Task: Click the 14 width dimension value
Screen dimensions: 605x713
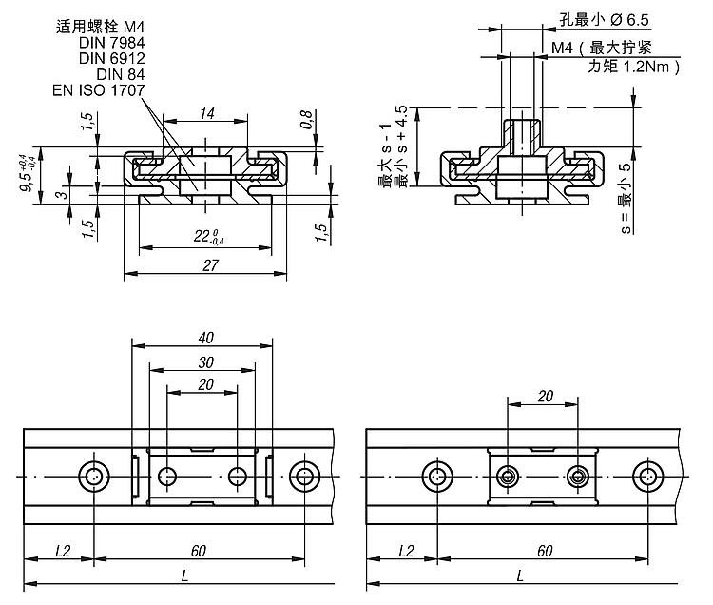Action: pos(208,112)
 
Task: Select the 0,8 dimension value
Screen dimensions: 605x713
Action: pos(305,120)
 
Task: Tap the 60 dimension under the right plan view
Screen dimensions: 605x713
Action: pos(545,551)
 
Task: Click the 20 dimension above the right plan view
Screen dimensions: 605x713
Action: pos(545,396)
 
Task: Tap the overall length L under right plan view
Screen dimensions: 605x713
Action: pos(519,576)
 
